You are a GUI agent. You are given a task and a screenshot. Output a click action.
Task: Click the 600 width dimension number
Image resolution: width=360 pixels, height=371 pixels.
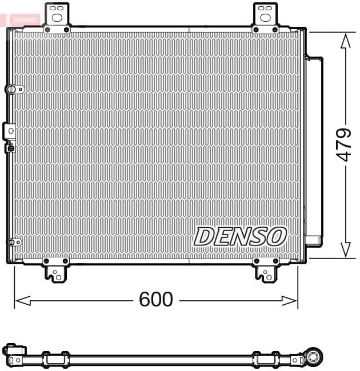click(x=156, y=299)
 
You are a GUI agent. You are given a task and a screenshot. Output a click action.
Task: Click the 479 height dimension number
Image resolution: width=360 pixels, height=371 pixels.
click(x=343, y=144)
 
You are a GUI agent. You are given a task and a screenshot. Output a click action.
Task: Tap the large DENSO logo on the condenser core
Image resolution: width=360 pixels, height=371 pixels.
click(x=240, y=236)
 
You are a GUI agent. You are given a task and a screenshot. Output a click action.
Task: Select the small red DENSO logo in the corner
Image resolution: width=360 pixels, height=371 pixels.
click(x=23, y=19)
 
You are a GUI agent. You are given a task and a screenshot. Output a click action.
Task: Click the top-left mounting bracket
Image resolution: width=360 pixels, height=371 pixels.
click(x=57, y=18)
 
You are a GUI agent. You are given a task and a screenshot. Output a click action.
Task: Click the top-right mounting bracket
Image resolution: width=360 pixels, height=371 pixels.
click(x=265, y=17)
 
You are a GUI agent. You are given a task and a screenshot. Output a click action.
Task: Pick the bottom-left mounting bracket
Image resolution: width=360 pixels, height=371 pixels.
click(x=57, y=269)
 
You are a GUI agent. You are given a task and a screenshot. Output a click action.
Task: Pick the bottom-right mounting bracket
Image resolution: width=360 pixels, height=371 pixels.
click(x=266, y=269)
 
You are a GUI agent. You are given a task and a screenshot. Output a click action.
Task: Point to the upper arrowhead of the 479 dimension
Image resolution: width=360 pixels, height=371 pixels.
click(x=345, y=41)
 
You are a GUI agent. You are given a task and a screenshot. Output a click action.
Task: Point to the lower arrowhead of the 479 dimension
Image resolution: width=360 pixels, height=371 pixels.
click(x=345, y=250)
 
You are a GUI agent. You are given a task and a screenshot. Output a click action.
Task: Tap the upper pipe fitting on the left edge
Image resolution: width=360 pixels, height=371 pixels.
click(x=13, y=89)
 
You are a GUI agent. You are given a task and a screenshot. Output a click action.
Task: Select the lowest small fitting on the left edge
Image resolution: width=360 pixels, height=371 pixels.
click(x=13, y=242)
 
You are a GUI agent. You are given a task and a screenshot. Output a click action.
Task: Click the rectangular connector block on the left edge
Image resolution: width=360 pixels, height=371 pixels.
click(x=10, y=131)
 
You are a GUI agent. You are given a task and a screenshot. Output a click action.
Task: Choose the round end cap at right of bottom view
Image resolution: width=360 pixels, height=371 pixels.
click(x=314, y=356)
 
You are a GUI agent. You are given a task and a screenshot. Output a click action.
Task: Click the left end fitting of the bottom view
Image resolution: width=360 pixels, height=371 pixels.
click(x=14, y=353)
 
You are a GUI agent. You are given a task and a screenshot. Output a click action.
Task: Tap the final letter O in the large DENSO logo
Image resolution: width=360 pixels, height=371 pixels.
click(x=276, y=236)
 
